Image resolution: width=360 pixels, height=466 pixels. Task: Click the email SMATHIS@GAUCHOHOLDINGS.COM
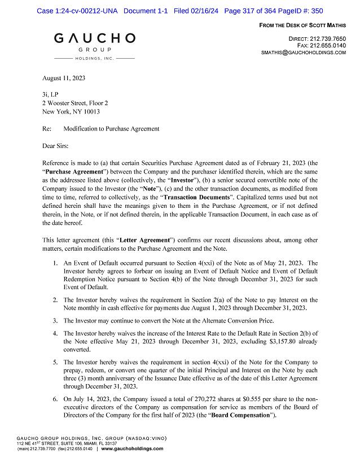(x=304, y=53)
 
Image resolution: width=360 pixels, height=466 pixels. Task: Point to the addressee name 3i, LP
(x=50, y=94)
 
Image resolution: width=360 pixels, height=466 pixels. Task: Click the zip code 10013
(x=91, y=112)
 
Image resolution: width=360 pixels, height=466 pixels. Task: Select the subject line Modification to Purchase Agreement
(x=111, y=129)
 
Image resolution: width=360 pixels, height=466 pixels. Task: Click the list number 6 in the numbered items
(x=55, y=399)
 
